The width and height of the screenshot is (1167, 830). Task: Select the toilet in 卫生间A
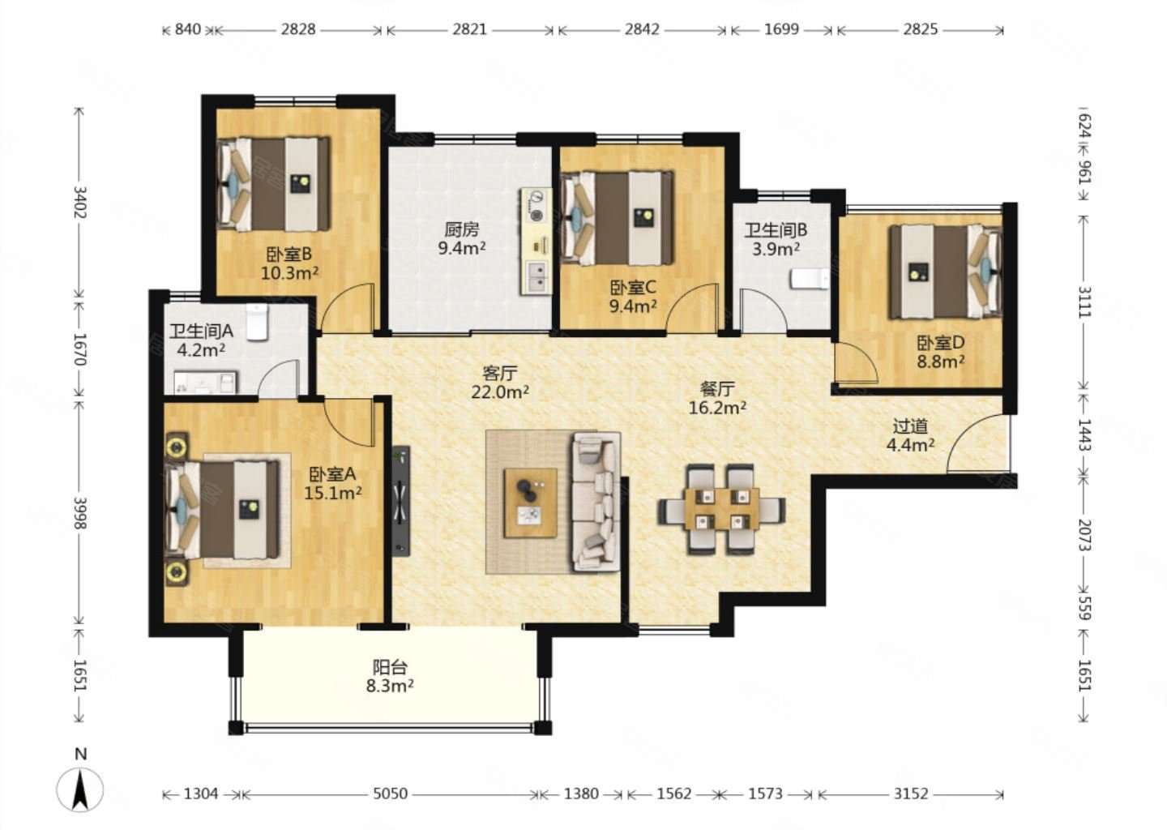click(257, 323)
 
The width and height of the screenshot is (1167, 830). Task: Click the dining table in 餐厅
click(721, 509)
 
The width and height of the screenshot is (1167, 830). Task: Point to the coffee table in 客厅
click(530, 503)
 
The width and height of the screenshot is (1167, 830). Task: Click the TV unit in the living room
click(400, 501)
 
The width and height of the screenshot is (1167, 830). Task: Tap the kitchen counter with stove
click(536, 242)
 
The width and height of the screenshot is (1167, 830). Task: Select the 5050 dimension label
click(391, 794)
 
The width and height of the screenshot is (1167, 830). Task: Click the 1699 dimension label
click(781, 29)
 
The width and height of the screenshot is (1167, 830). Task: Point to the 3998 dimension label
click(79, 513)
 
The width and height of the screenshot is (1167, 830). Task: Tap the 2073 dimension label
click(1084, 535)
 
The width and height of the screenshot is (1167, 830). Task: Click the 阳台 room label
click(390, 667)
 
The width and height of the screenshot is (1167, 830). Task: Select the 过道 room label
click(910, 426)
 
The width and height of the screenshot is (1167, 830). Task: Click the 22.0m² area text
click(500, 391)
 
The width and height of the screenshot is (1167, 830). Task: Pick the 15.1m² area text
click(333, 492)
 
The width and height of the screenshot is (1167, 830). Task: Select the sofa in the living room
click(597, 502)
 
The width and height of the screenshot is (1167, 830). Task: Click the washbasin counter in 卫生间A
click(205, 382)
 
